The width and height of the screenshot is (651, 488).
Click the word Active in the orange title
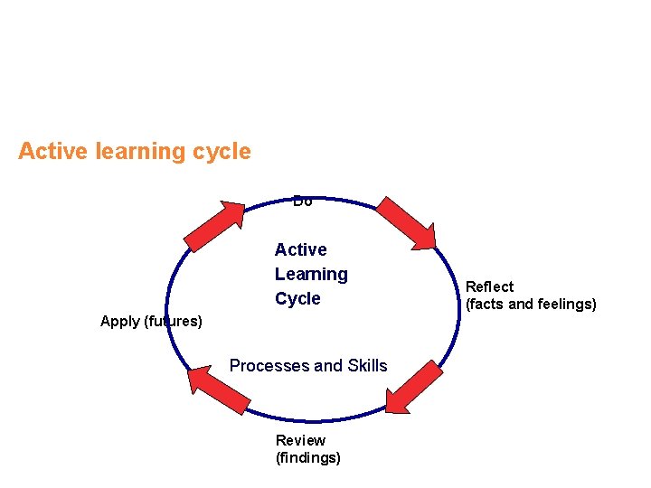click(x=50, y=151)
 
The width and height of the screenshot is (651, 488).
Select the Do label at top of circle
click(x=303, y=201)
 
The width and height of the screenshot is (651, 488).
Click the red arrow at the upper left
click(x=215, y=225)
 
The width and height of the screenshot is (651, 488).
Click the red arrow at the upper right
click(x=406, y=221)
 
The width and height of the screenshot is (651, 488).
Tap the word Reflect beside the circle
click(x=489, y=286)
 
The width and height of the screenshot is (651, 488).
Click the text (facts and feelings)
click(x=531, y=304)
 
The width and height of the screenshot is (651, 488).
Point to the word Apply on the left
click(x=119, y=321)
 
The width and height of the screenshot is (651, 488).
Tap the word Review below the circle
click(x=300, y=440)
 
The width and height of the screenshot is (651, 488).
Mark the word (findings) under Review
click(x=307, y=457)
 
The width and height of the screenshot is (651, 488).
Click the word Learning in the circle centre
click(x=311, y=274)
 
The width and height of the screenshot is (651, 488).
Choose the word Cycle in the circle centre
click(x=297, y=298)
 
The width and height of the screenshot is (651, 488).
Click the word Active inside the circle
click(x=300, y=249)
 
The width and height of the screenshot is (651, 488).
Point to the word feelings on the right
click(x=566, y=304)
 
